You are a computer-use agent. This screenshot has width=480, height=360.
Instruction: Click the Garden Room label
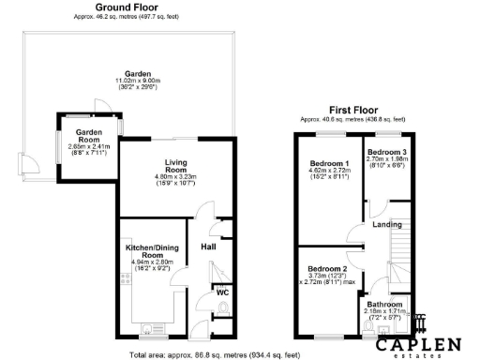click(x=88, y=134)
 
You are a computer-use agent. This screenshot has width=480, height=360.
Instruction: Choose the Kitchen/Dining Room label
click(x=151, y=251)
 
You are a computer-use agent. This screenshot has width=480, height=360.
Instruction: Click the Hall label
click(x=209, y=247)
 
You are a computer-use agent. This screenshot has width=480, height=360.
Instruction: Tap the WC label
click(x=222, y=292)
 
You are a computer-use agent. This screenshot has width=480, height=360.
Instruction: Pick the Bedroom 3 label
click(x=386, y=152)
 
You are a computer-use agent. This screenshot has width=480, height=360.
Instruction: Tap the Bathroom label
click(x=384, y=305)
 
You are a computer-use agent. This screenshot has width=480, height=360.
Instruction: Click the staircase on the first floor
click(x=399, y=249)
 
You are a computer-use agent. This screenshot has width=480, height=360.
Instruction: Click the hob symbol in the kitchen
click(x=124, y=277)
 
